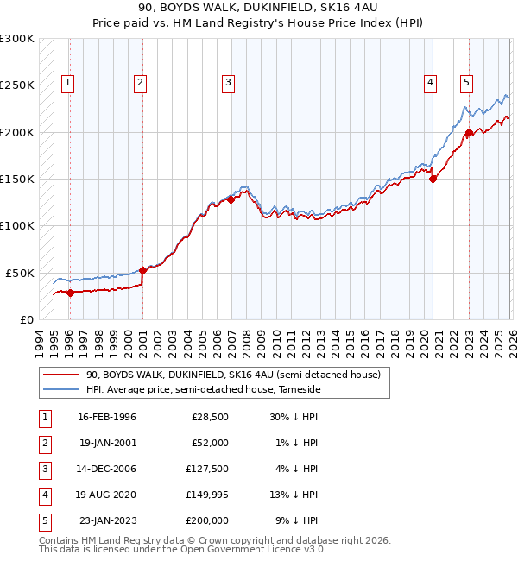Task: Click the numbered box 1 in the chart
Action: (x=67, y=83)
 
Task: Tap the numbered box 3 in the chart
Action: (x=228, y=83)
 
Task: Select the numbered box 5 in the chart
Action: (x=466, y=83)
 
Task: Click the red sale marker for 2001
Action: (x=142, y=270)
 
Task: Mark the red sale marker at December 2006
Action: (x=231, y=199)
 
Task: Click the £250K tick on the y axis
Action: (x=17, y=85)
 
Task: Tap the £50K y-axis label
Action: (x=21, y=273)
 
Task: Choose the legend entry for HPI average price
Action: (x=203, y=390)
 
